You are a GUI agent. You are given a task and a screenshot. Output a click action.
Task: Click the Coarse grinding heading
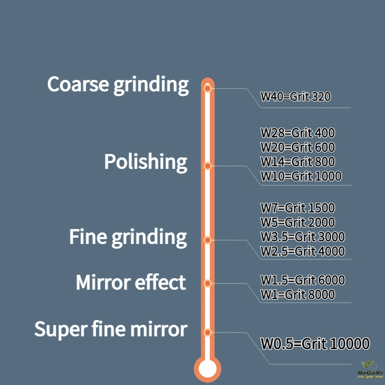118,85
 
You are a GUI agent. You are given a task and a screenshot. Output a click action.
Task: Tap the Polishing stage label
146,162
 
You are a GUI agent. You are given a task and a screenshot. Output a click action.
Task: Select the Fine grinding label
128,237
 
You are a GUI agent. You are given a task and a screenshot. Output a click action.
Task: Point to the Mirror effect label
131,282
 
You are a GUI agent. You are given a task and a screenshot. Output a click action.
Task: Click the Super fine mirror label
111,330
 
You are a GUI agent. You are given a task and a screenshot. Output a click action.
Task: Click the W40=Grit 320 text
295,96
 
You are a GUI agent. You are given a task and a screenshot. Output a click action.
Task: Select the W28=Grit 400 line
297,133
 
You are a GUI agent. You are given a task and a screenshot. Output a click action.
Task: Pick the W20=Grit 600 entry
297,147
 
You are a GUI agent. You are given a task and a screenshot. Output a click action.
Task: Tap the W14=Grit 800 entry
297,162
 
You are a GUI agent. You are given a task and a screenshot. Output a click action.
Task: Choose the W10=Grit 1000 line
301,176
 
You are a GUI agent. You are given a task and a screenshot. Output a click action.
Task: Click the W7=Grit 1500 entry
297,208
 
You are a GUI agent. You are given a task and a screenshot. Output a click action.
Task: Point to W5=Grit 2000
297,222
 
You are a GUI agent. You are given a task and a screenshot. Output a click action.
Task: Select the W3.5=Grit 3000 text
302,237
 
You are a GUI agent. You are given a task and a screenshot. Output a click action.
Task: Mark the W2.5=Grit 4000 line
302,251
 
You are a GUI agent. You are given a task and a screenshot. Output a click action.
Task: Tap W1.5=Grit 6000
302,280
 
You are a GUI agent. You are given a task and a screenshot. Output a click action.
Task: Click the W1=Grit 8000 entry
297,295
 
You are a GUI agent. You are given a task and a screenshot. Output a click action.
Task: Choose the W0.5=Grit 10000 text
315,344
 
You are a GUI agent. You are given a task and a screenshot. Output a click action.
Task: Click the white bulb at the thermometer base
207,369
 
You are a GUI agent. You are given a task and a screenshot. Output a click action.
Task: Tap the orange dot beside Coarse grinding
207,89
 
